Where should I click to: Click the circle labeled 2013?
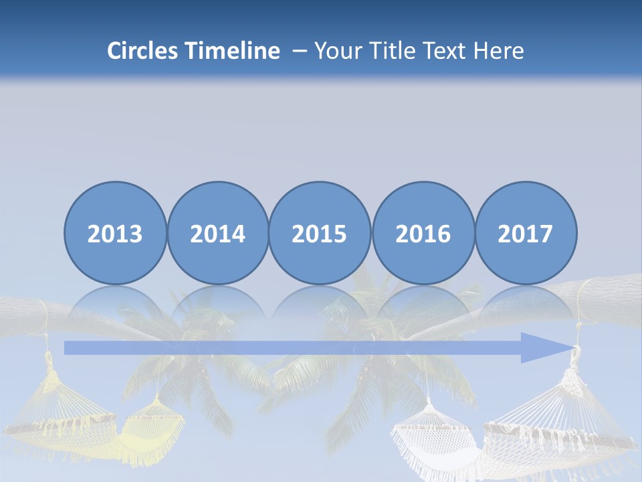115,233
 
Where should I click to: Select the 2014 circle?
218,233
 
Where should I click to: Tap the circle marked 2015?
320,233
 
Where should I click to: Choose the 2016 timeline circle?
423,233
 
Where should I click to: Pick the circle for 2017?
526,233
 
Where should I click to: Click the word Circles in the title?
143,51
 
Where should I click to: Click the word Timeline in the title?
233,51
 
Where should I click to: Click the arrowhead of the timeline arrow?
545,347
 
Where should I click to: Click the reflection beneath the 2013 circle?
115,305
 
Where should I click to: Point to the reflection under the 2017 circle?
526,305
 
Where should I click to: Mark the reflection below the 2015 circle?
320,305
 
